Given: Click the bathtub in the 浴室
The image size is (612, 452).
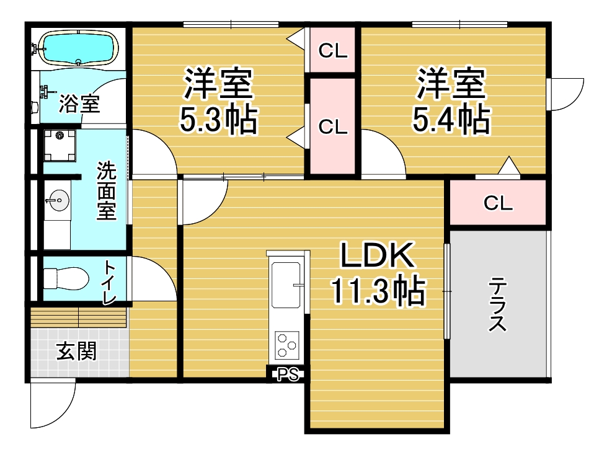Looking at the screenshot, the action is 79,48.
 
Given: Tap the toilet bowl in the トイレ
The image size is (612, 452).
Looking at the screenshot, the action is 66,278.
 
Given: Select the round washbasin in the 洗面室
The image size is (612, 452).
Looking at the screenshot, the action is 60,200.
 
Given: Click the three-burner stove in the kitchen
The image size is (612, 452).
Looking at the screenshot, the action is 287,345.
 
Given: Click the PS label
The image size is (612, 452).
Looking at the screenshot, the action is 288,374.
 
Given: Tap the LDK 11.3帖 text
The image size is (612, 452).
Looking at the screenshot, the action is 378,273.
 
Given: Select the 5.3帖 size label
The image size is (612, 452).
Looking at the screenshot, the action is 218,118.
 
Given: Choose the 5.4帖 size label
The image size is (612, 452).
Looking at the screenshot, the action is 451,118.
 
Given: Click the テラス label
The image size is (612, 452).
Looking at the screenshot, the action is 498,304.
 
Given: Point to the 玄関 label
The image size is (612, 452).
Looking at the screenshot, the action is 76,351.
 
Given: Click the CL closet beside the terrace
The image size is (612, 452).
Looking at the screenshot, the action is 498,203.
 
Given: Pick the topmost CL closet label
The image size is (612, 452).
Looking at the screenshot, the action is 333,51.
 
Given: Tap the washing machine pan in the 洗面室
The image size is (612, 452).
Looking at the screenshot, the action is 60,146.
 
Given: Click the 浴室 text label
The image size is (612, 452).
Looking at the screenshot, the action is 79,104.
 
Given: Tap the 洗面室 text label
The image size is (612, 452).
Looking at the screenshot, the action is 107,190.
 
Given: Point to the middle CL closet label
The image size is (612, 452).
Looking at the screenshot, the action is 333,126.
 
